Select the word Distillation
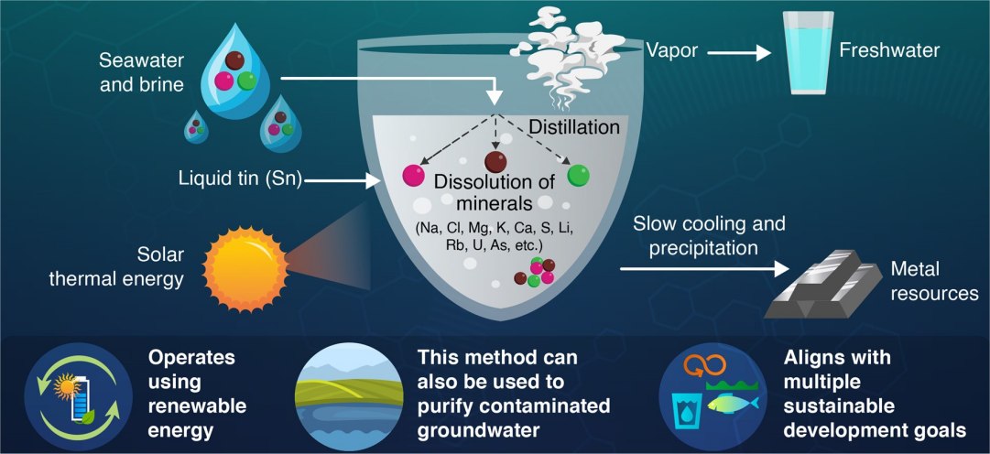pyautogui.click(x=574, y=127)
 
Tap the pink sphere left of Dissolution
pyautogui.click(x=414, y=174)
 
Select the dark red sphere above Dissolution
pyautogui.click(x=495, y=163)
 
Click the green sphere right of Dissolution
pyautogui.click(x=577, y=174)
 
